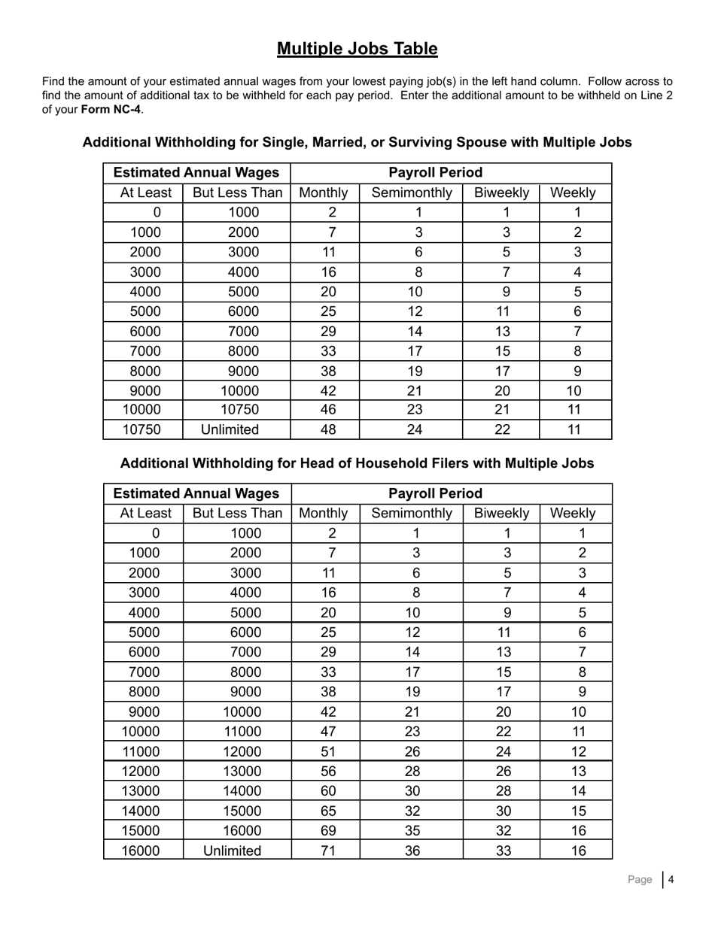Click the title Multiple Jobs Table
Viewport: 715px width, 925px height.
click(357, 49)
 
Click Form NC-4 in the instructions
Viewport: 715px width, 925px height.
click(111, 109)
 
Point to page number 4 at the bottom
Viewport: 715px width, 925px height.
click(671, 879)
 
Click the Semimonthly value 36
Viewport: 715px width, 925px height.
click(412, 851)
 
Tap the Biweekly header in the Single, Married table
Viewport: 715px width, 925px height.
click(501, 193)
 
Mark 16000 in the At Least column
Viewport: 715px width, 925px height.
click(145, 851)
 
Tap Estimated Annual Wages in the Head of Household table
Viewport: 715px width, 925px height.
click(196, 493)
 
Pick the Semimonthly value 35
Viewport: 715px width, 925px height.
click(412, 831)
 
